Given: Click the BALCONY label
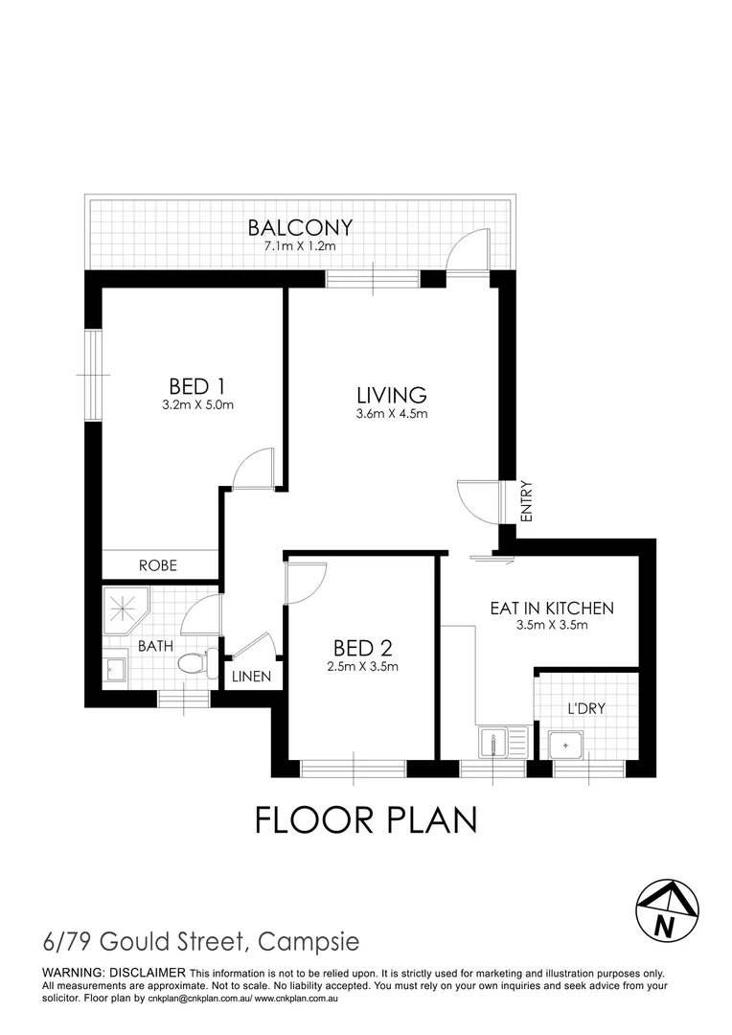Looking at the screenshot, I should (x=300, y=228).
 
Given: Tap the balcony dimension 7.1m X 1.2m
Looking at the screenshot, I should (x=300, y=247).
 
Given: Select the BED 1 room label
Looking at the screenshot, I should (x=196, y=386).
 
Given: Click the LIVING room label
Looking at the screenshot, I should (x=391, y=395).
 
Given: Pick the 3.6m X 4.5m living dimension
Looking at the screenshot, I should (x=391, y=414).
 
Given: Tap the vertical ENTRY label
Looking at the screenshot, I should (x=526, y=500).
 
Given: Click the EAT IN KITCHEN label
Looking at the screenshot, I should (x=551, y=608).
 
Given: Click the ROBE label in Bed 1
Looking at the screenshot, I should (x=159, y=565).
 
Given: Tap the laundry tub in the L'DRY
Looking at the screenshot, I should (x=565, y=743).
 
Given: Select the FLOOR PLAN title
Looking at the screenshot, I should (x=365, y=820).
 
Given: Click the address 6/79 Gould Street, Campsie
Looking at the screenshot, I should (x=201, y=942).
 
